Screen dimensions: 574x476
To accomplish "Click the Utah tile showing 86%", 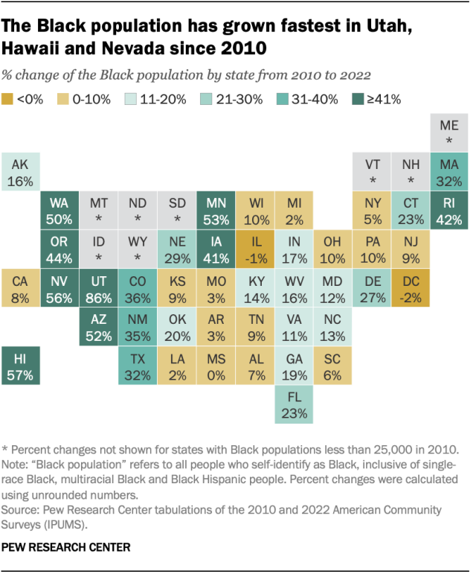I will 98,287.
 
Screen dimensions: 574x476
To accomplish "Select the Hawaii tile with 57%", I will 20,366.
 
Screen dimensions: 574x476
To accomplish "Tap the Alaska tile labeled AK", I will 20,173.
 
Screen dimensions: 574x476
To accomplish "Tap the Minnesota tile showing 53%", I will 215,211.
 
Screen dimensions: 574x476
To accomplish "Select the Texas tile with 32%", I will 137,366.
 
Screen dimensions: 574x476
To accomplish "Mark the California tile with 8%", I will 20,287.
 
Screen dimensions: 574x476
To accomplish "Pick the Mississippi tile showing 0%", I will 215,366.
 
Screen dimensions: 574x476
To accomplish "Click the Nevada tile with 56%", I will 59,287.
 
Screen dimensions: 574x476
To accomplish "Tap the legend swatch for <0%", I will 8,99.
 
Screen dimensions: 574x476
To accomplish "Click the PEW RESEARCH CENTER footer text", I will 66,548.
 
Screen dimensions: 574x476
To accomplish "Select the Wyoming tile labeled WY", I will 137,249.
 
